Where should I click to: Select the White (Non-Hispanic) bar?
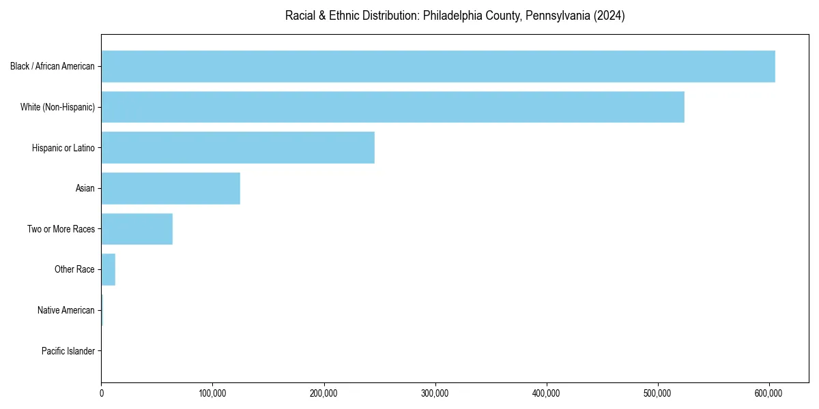392,107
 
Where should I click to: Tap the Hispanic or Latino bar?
238,147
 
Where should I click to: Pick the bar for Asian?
171,188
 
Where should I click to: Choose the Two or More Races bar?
136,229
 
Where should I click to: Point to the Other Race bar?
109,269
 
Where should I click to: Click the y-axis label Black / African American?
53,67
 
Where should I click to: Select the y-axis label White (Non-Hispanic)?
57,107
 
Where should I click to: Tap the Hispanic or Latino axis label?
63,148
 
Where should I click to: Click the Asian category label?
85,189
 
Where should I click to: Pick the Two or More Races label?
61,229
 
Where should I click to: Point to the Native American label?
66,310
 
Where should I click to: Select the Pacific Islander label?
68,351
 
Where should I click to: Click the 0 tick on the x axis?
102,393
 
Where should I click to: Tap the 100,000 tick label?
212,393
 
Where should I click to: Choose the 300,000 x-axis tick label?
435,393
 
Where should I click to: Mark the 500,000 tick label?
658,393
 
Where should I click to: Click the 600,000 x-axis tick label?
769,393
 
